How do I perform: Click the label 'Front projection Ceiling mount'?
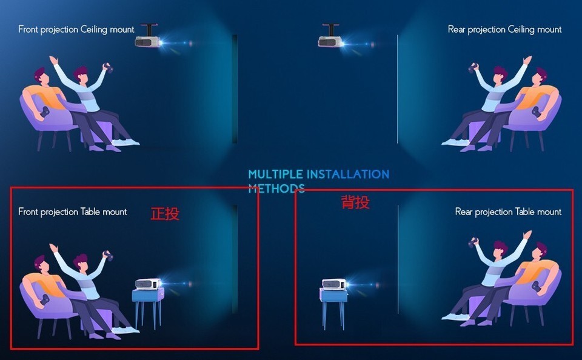(76, 30)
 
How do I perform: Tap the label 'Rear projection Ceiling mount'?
(505, 30)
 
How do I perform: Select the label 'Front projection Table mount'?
(73, 212)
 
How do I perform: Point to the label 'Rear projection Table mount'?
(508, 212)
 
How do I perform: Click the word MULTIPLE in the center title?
(275, 174)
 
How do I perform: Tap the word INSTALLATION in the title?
(348, 174)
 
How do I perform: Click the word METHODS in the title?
(276, 188)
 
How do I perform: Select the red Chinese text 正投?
(165, 214)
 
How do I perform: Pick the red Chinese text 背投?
(355, 202)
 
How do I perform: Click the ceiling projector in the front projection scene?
(147, 41)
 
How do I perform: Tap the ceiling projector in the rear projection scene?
(330, 41)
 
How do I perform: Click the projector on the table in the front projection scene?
(148, 284)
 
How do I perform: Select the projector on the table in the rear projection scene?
(334, 284)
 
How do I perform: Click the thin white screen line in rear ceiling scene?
(397, 89)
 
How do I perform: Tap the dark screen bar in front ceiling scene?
(235, 89)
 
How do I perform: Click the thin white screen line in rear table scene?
(398, 259)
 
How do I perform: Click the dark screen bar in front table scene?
(235, 259)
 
